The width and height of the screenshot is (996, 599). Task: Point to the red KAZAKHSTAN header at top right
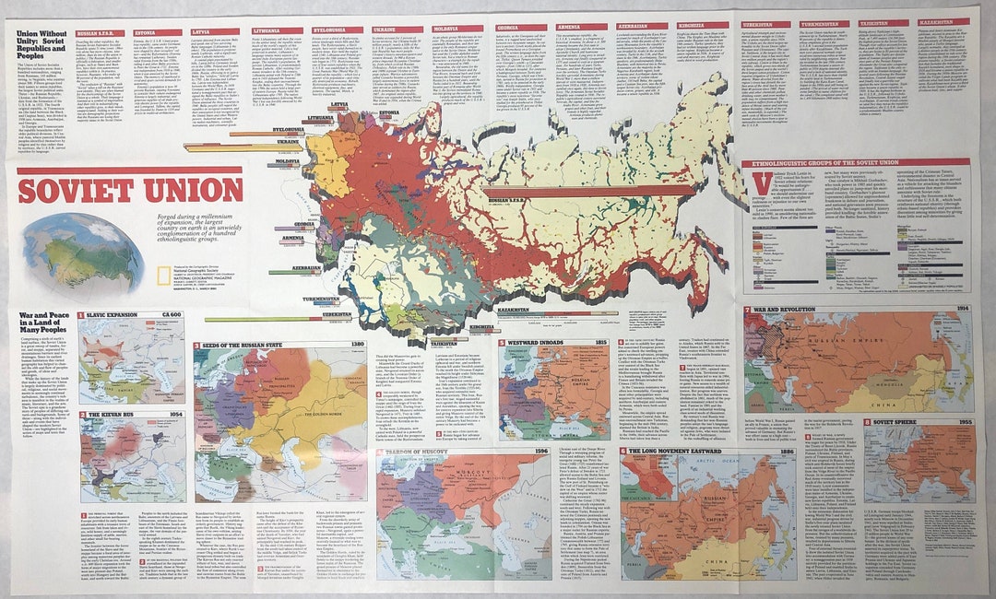[x=943, y=21]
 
